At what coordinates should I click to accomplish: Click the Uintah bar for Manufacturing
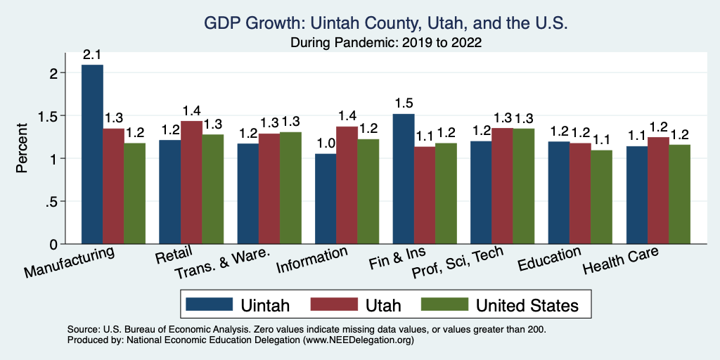coord(92,155)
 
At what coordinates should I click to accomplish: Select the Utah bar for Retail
coord(191,183)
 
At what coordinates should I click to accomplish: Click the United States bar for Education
coord(601,197)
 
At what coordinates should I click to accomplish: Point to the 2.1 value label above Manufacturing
coord(92,55)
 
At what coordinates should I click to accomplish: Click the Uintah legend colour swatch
coord(209,304)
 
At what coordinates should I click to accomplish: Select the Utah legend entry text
coord(383,305)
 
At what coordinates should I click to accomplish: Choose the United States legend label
coord(527,305)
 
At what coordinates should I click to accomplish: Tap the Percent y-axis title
coord(22,149)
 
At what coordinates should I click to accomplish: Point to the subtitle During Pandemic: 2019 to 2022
coord(385,42)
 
